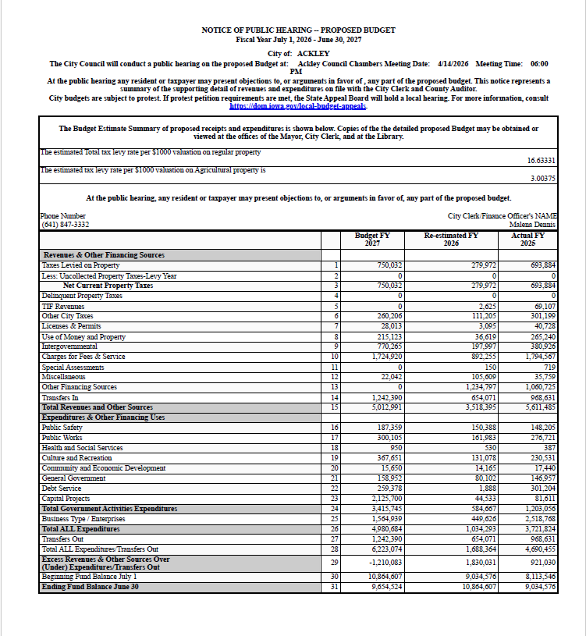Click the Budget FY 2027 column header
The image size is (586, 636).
pyautogui.click(x=372, y=239)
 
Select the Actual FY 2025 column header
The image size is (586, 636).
pyautogui.click(x=528, y=239)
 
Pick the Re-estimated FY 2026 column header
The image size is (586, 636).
pyautogui.click(x=451, y=239)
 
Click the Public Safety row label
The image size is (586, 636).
pyautogui.click(x=62, y=428)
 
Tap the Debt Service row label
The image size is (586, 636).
pyautogui.click(x=60, y=489)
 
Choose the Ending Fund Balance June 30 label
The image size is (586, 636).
pyautogui.click(x=90, y=587)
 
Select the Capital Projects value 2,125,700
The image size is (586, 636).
pyautogui.click(x=384, y=499)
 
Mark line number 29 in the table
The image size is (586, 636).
pyautogui.click(x=336, y=562)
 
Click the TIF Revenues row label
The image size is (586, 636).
pyautogui.click(x=62, y=306)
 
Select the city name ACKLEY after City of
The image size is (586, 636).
pyautogui.click(x=313, y=52)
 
